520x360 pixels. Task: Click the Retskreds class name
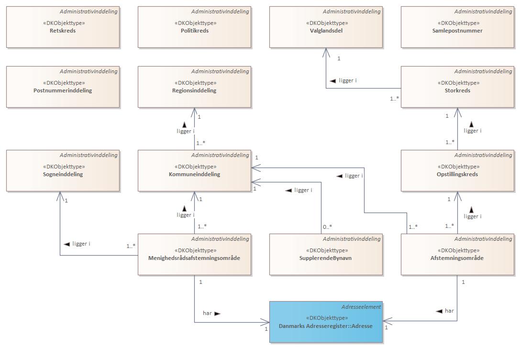pyautogui.click(x=63, y=31)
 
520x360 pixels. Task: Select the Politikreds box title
pyautogui.click(x=194, y=31)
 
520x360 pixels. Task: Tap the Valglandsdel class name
pyautogui.click(x=326, y=31)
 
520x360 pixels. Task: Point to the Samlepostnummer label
pyautogui.click(x=457, y=31)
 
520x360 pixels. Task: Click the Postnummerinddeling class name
pyautogui.click(x=63, y=90)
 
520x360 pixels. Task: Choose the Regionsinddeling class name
pyautogui.click(x=194, y=90)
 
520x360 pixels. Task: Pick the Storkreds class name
pyautogui.click(x=457, y=90)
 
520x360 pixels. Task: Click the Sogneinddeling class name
pyautogui.click(x=63, y=174)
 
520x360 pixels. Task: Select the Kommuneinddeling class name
pyautogui.click(x=194, y=174)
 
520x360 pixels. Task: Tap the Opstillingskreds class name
pyautogui.click(x=457, y=174)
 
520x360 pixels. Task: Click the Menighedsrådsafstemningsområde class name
pyautogui.click(x=194, y=258)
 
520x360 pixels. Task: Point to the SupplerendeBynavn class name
pyautogui.click(x=326, y=258)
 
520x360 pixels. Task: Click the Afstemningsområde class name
pyautogui.click(x=457, y=258)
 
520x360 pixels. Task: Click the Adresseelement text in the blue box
pyautogui.click(x=361, y=307)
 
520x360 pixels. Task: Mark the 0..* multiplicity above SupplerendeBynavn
pyautogui.click(x=327, y=227)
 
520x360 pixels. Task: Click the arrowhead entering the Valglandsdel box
pyautogui.click(x=326, y=51)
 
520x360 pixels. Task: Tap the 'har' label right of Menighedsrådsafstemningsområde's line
pyautogui.click(x=207, y=313)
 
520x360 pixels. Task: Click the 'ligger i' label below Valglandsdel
pyautogui.click(x=348, y=80)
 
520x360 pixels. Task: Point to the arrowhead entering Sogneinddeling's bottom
pyautogui.click(x=60, y=195)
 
